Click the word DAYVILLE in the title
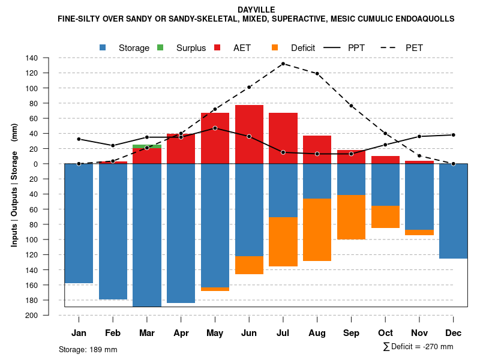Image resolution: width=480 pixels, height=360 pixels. pyautogui.click(x=256, y=10)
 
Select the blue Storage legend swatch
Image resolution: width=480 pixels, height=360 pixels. pyautogui.click(x=103, y=47)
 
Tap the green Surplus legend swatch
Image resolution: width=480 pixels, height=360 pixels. pyautogui.click(x=160, y=47)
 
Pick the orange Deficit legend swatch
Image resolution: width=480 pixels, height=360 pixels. pyautogui.click(x=275, y=47)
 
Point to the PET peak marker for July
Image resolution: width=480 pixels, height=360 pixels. pyautogui.click(x=283, y=64)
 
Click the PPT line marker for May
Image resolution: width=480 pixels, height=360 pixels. pyautogui.click(x=215, y=128)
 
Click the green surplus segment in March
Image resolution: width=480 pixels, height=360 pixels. pyautogui.click(x=147, y=146)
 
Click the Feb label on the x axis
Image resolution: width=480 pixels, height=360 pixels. pyautogui.click(x=113, y=333)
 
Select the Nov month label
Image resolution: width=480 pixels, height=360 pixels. pyautogui.click(x=419, y=333)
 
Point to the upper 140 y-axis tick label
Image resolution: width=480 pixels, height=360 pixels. pyautogui.click(x=32, y=58)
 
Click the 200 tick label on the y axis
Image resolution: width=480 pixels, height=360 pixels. pyautogui.click(x=32, y=315)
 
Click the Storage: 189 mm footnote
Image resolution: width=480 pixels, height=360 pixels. pyautogui.click(x=88, y=349)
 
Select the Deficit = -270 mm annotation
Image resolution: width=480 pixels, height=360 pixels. pyautogui.click(x=418, y=347)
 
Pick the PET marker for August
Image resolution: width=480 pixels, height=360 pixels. pyautogui.click(x=317, y=74)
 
